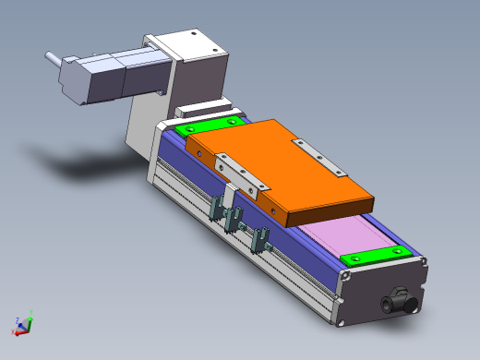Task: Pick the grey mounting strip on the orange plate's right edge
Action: point(318,158)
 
